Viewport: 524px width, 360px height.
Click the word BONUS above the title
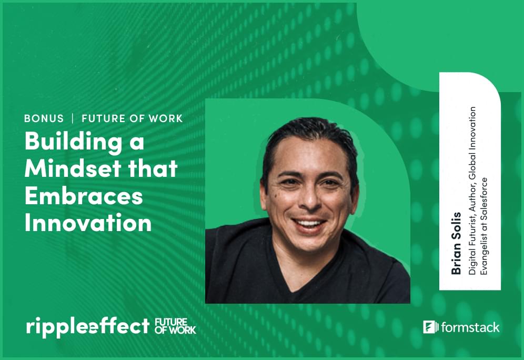(x=44, y=118)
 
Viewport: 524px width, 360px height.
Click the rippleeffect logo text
(x=87, y=326)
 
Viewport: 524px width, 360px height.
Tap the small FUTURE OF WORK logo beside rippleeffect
(x=175, y=326)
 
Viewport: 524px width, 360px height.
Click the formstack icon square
(x=431, y=327)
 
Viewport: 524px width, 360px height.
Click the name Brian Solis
(x=456, y=243)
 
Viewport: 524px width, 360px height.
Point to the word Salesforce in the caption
(x=483, y=201)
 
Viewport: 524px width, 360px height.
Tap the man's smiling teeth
(x=308, y=222)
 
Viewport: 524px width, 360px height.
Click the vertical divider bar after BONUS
(x=73, y=118)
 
